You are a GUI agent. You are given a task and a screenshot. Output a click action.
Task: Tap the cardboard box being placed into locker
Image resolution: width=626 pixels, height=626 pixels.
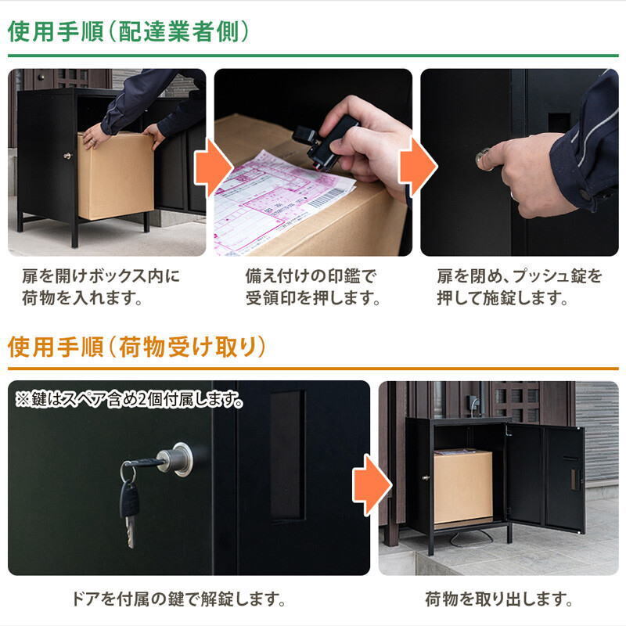click(115, 176)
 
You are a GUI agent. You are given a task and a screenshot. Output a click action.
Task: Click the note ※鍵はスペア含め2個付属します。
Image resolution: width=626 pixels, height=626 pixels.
click(129, 399)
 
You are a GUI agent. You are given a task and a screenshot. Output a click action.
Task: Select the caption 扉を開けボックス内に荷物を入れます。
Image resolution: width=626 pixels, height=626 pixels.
click(100, 287)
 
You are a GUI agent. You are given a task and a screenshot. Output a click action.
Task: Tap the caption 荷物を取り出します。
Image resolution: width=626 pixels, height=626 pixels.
click(498, 600)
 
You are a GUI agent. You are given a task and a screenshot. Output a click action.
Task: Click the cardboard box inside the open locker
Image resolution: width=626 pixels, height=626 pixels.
click(462, 487)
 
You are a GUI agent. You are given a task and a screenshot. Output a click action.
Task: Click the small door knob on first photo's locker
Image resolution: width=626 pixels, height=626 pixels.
click(68, 156)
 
